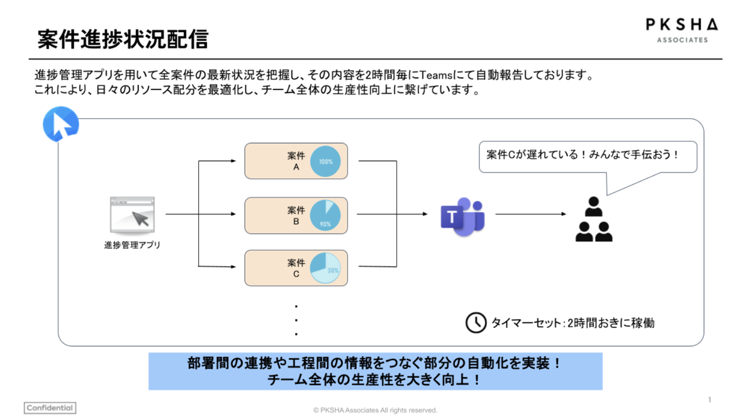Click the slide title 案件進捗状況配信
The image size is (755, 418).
pyautogui.click(x=122, y=39)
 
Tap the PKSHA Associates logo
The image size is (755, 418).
pyautogui.click(x=682, y=30)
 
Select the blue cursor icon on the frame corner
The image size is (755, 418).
pyautogui.click(x=61, y=124)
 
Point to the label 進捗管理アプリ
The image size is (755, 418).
pyautogui.click(x=132, y=244)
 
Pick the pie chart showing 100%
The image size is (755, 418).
pyautogui.click(x=325, y=161)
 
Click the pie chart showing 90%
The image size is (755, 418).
pyautogui.click(x=325, y=215)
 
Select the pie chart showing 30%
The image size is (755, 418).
pyautogui.click(x=325, y=268)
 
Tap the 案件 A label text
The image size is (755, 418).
pyautogui.click(x=296, y=161)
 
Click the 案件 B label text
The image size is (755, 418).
pyautogui.click(x=296, y=215)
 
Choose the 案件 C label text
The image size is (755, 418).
pyautogui.click(x=296, y=268)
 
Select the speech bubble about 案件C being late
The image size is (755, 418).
pyautogui.click(x=588, y=156)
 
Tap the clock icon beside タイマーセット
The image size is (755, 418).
pyautogui.click(x=476, y=322)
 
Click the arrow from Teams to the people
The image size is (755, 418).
pyautogui.click(x=530, y=214)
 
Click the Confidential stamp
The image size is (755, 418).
pyautogui.click(x=50, y=408)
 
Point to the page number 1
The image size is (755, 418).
pyautogui.click(x=710, y=400)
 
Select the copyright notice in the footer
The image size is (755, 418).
pyautogui.click(x=375, y=410)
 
